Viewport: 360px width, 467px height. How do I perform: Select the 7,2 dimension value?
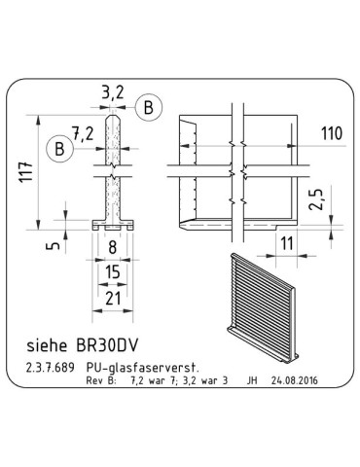pos(87,131)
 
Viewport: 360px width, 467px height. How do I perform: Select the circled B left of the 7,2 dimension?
pos(60,149)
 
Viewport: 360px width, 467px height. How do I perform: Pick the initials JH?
pos(254,381)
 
